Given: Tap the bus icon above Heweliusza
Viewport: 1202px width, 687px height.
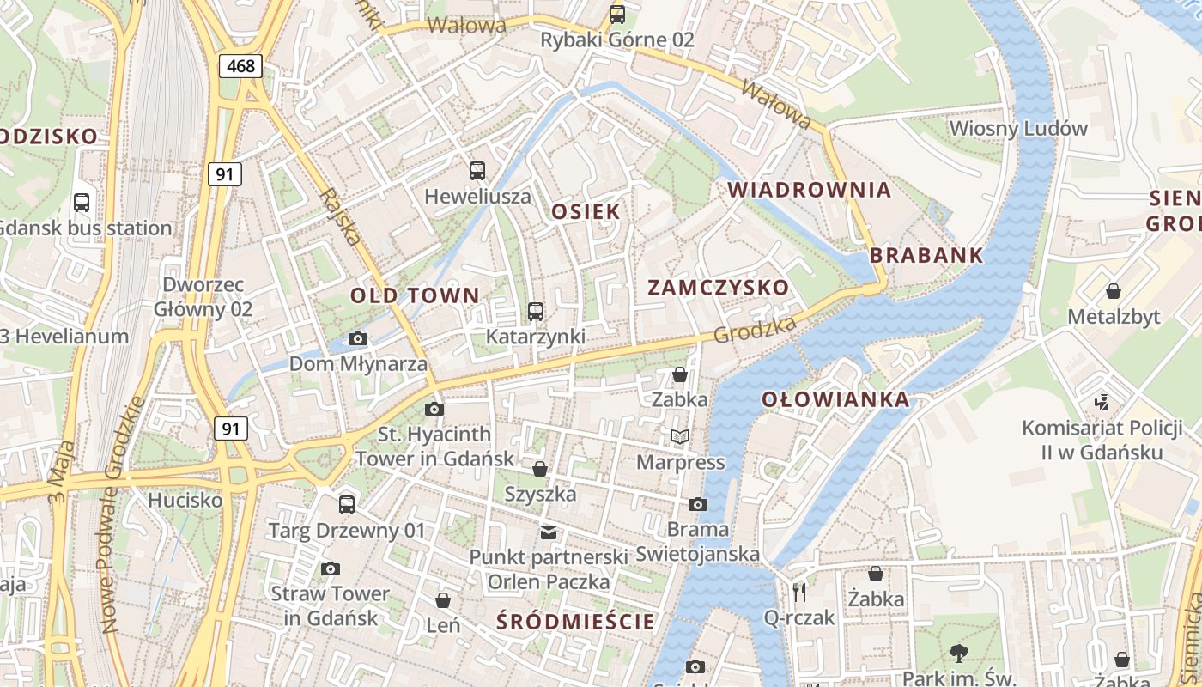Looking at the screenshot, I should coord(477,171).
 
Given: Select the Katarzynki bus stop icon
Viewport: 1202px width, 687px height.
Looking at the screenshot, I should coord(536,311).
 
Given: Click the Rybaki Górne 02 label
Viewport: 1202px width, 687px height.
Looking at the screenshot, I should coord(616,40).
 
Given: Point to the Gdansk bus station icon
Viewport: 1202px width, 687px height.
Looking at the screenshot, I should coord(82,203).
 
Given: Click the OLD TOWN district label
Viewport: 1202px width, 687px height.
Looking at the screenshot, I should coord(415,295).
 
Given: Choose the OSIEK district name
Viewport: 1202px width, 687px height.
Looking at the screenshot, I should coord(586,211).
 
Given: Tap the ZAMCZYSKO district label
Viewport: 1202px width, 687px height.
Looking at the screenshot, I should coord(718,288).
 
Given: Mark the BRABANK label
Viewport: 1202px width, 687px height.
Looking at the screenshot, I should coord(926,255).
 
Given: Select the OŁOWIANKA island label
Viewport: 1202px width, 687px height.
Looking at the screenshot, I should coord(835,399).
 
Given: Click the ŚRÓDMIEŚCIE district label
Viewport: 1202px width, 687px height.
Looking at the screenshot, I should coord(575,621).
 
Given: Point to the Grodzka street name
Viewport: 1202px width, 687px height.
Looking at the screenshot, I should coord(756,329).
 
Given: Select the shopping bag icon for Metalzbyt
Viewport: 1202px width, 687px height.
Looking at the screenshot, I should coord(1114,291).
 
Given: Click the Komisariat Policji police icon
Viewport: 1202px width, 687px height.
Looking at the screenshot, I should coord(1102,402).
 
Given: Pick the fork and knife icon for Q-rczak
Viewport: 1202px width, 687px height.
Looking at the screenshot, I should coord(799,592).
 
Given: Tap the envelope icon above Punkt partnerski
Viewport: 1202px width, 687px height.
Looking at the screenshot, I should coord(548,532).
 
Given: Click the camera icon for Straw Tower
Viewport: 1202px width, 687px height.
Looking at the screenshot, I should coord(330,568).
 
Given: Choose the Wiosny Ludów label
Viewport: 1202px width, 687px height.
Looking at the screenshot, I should coord(1018,129).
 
